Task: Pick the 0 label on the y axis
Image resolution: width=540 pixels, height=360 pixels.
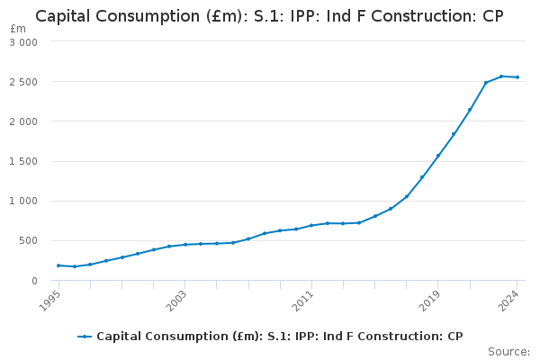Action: (34, 281)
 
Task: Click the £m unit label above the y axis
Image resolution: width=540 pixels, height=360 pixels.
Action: (18, 29)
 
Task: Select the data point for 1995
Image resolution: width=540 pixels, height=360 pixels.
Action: (58, 265)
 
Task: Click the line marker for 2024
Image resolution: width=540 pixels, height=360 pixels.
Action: (517, 77)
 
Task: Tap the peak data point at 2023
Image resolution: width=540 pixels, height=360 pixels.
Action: (501, 76)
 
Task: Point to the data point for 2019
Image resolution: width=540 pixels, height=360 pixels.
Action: (438, 156)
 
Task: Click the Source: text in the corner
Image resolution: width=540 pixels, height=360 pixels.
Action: (508, 351)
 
